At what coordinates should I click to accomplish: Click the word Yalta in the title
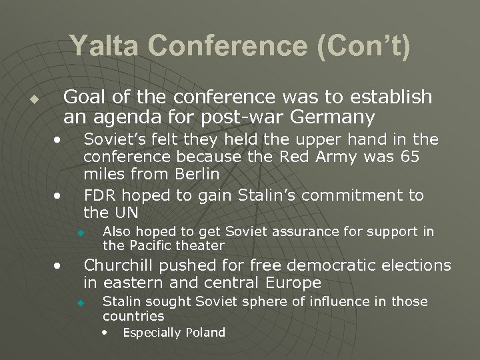[99, 47]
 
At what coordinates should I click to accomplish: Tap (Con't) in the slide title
[366, 47]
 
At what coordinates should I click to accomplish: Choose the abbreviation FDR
[99, 195]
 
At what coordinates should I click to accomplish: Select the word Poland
[206, 332]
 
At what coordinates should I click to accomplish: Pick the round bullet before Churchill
[60, 266]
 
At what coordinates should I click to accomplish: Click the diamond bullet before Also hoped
[79, 233]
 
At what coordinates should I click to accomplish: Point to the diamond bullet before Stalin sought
[79, 303]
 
